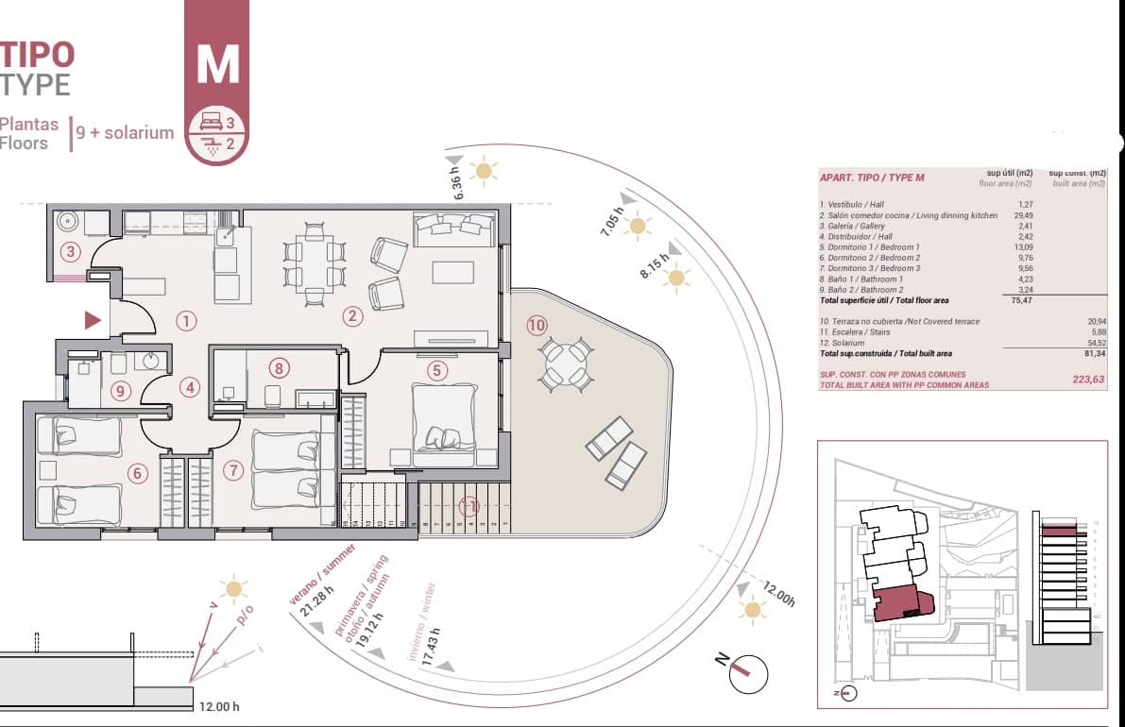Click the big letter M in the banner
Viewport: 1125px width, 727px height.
(217, 62)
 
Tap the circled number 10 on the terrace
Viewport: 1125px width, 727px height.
(537, 326)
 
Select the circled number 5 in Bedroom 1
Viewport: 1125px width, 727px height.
(436, 370)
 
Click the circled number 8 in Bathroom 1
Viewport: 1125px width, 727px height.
(277, 368)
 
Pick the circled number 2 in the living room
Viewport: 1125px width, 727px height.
(352, 316)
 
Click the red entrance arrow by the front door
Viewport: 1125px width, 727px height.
(93, 320)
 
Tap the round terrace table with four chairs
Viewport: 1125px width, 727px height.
(566, 363)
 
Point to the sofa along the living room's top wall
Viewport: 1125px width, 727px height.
(454, 227)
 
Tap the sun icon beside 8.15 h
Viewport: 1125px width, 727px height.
(675, 278)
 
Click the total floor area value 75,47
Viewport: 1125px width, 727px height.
(1023, 300)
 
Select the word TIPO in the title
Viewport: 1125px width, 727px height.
(38, 54)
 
